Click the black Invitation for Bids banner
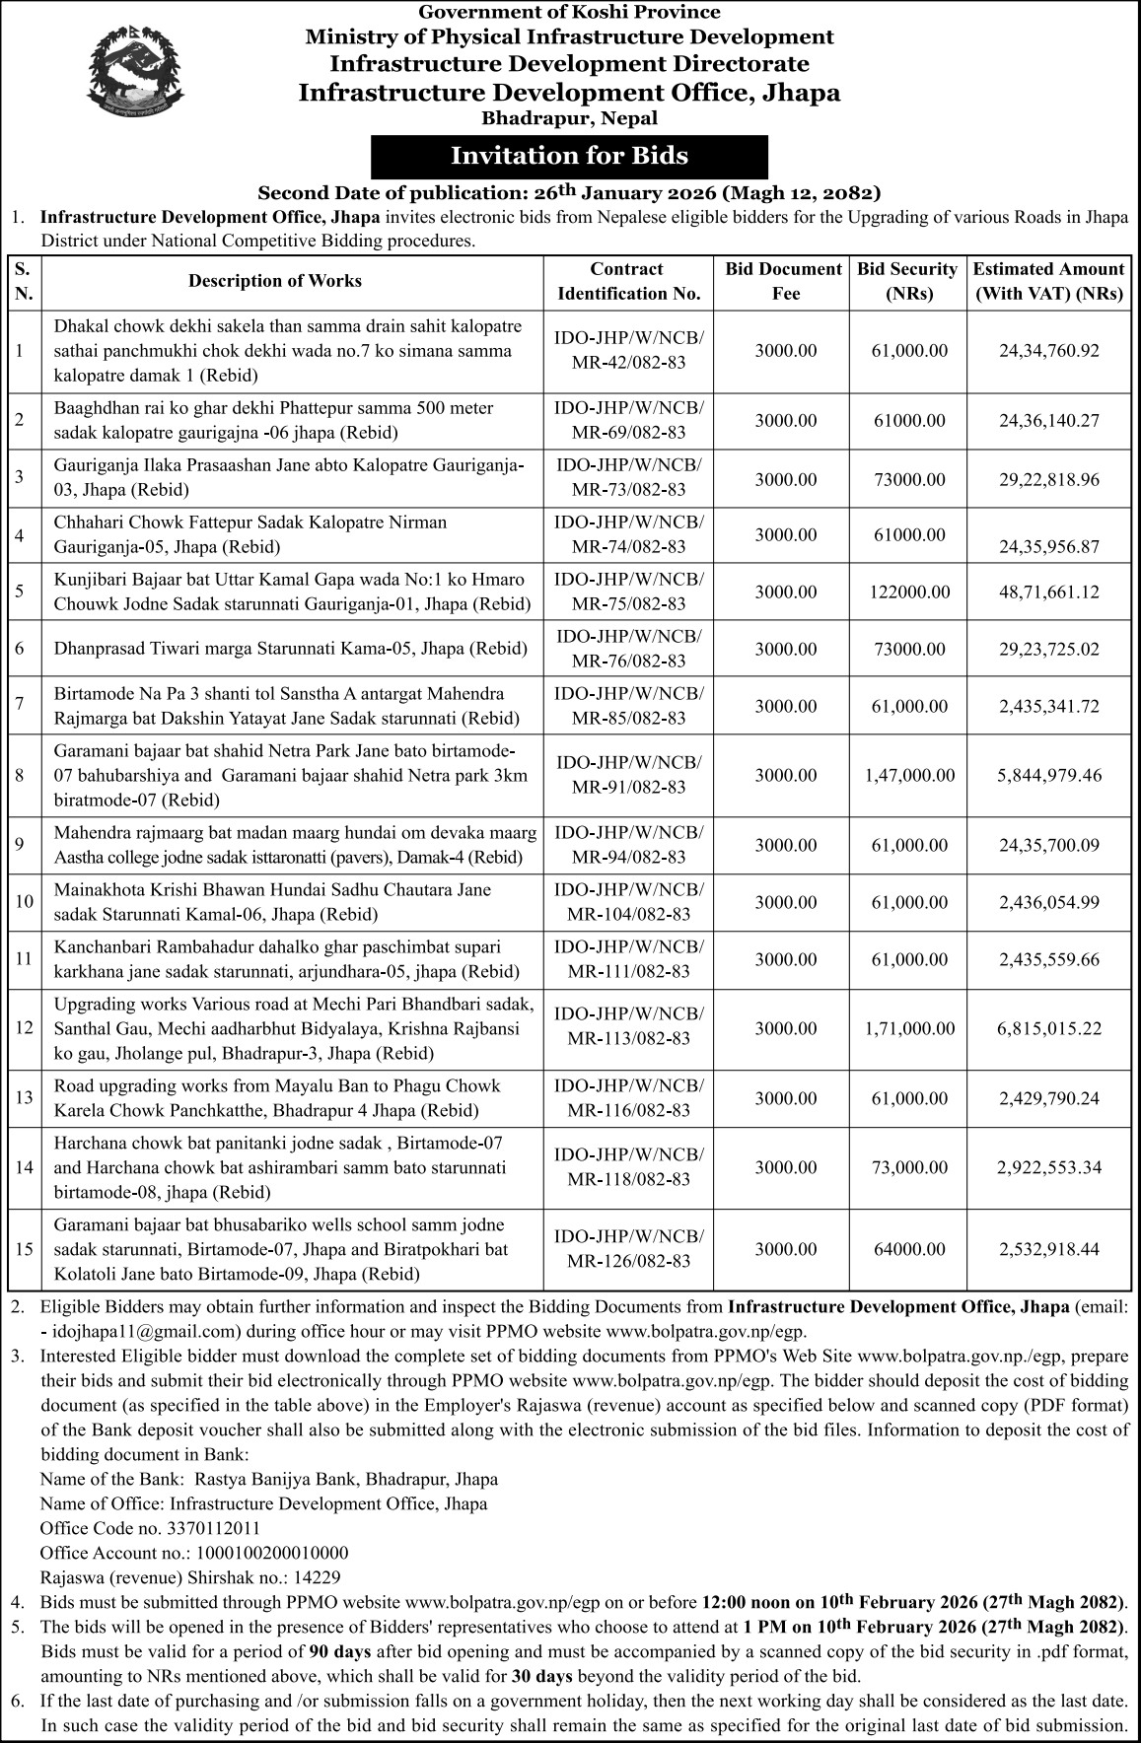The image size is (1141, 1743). click(569, 157)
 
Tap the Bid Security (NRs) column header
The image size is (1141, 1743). click(907, 281)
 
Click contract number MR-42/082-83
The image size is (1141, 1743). click(629, 363)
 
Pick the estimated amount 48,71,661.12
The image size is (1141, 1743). click(1048, 593)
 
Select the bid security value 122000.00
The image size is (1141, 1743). click(910, 593)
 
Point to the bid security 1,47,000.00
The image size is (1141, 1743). click(909, 776)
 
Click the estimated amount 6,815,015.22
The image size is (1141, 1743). click(1048, 1029)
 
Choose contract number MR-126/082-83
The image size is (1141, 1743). click(629, 1261)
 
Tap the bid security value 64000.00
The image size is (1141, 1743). click(909, 1249)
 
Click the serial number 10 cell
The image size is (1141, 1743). click(25, 902)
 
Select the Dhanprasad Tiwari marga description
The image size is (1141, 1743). click(291, 650)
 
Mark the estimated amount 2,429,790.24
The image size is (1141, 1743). click(1048, 1098)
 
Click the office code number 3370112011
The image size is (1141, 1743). click(212, 1528)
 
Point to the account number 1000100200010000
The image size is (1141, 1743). click(257, 1553)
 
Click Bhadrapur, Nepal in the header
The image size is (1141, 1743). click(569, 118)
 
